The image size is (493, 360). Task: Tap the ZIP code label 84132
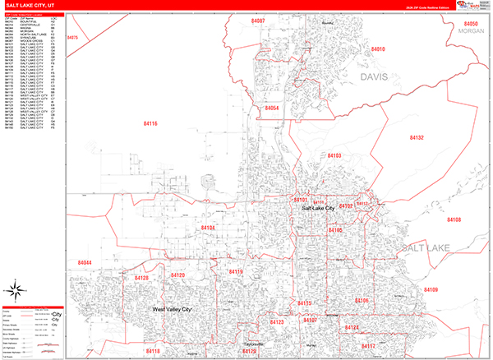(x=416, y=138)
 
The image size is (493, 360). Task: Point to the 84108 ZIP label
(x=454, y=219)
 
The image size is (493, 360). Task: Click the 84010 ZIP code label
(x=378, y=49)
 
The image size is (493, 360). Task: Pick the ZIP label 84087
(x=258, y=19)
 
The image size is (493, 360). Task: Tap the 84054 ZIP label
(x=272, y=108)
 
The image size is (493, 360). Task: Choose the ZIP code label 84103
(x=334, y=155)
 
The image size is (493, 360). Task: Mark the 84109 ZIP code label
(x=454, y=290)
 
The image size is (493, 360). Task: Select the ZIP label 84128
(x=141, y=279)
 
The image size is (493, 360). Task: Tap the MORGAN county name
(x=471, y=33)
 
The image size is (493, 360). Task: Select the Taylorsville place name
(x=251, y=343)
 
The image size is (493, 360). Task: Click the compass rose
(x=16, y=288)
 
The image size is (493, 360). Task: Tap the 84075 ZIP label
(x=72, y=38)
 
